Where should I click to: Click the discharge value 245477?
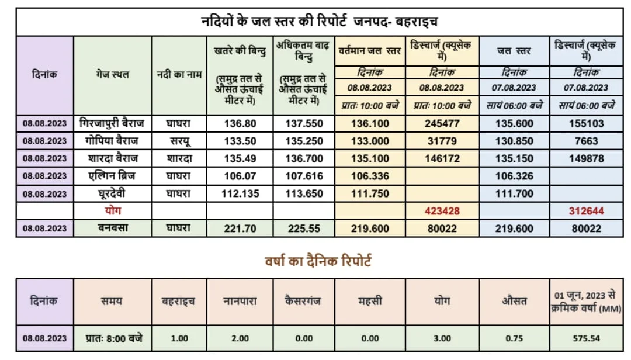click(442, 124)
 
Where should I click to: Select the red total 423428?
click(442, 211)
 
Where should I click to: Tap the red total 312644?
click(586, 211)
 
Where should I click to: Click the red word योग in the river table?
click(113, 210)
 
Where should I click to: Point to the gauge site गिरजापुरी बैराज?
click(112, 123)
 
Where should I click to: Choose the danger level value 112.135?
click(240, 193)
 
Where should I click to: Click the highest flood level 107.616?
click(304, 176)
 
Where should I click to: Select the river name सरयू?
click(179, 141)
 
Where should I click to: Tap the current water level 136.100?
click(370, 124)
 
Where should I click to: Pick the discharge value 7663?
click(586, 141)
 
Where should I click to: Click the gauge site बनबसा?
click(113, 228)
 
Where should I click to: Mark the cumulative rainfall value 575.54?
click(586, 338)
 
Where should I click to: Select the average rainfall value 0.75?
click(514, 338)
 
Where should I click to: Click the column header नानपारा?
click(240, 301)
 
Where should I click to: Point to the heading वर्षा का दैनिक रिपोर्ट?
click(318, 262)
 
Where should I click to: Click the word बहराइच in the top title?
click(417, 21)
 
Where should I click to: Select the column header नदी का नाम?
click(179, 75)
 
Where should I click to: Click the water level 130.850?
click(514, 141)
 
